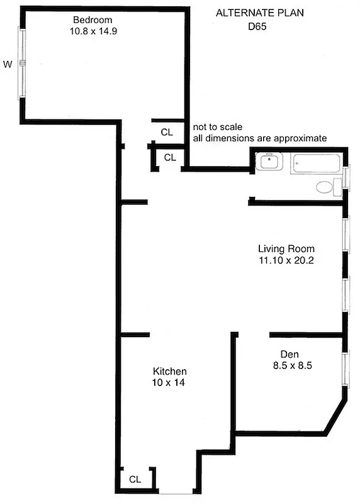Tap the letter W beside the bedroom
click(8, 64)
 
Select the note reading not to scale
click(217, 127)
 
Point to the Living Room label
click(286, 248)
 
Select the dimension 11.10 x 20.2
click(286, 260)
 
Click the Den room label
click(280, 353)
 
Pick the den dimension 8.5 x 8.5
click(284, 365)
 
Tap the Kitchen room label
click(169, 371)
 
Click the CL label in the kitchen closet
click(135, 479)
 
